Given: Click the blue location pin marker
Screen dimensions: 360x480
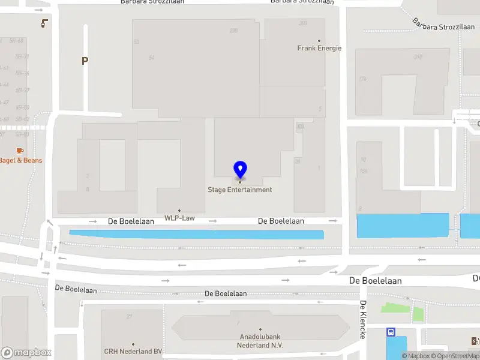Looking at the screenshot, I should pos(240,170).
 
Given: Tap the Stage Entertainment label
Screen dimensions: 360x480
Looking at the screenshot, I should pos(240,190).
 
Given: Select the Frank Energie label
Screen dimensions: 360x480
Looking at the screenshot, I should pos(319,48).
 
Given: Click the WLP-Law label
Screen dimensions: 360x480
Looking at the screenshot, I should pos(179,218).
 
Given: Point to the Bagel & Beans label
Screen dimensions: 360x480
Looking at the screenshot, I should pos(20,160).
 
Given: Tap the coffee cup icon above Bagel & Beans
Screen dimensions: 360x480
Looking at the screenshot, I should pos(20,150).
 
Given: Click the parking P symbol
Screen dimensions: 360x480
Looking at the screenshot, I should pos(85,61).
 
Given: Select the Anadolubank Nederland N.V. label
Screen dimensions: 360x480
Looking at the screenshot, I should pos(260,341).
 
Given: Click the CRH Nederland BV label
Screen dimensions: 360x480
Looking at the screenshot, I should pos(133,352).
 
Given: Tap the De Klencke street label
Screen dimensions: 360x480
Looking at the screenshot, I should pos(363,320).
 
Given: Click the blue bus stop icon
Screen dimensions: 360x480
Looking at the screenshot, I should pos(391,332).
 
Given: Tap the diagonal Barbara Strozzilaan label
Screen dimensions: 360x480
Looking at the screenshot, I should pos(443,24).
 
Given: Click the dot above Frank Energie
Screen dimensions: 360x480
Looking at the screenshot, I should pos(319,41).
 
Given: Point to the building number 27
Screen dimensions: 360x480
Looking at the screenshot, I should pos(129,316).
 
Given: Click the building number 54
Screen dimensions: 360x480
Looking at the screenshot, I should pos(151,58).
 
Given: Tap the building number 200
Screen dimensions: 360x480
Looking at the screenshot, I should pos(303,23).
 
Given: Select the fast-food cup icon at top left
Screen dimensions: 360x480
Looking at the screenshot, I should pos(44,23).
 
